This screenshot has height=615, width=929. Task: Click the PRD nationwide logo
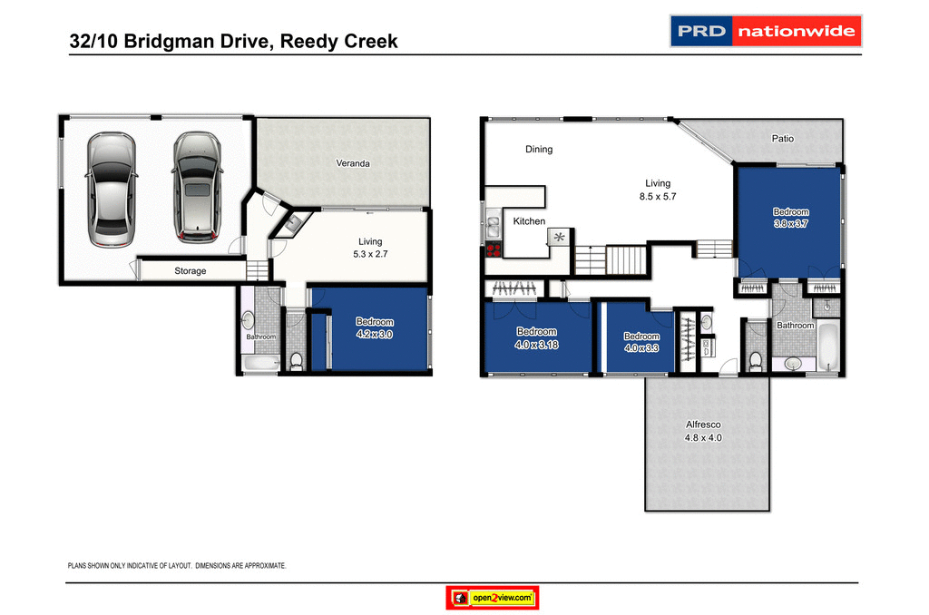click(765, 31)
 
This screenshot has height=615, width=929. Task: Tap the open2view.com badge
click(494, 598)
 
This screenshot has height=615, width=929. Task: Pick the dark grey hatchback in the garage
click(196, 188)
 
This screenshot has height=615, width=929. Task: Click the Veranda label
click(353, 163)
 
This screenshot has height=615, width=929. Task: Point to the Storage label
click(191, 271)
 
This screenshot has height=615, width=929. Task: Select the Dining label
click(539, 150)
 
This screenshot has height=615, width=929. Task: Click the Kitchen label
click(529, 221)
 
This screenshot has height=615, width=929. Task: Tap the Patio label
click(783, 139)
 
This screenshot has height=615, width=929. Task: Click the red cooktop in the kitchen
click(494, 250)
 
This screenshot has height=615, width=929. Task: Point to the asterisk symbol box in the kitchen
click(558, 238)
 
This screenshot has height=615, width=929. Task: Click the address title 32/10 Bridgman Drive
click(234, 42)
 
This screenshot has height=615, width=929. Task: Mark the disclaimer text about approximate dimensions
click(178, 565)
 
